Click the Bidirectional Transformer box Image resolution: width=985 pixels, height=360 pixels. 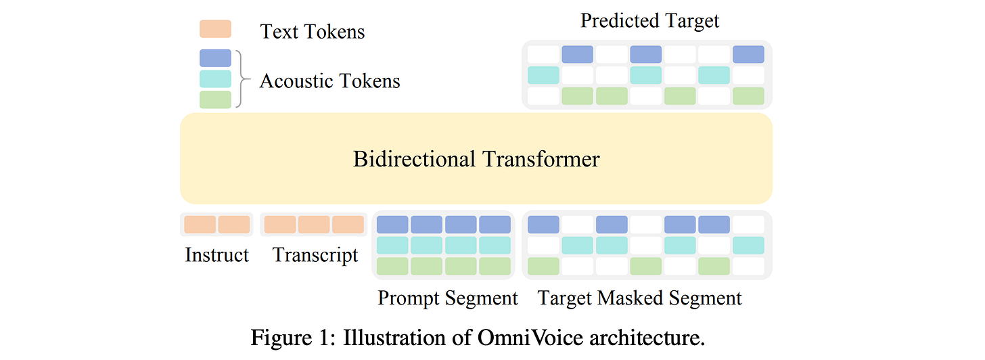[x=476, y=159]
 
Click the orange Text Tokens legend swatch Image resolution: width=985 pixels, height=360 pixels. [x=215, y=29]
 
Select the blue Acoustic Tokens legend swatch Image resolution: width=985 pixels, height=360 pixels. [x=215, y=58]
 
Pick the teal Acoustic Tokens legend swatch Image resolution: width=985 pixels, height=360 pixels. [x=215, y=79]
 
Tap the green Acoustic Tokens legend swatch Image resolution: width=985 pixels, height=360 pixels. [x=215, y=99]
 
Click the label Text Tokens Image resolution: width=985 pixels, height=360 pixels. [x=312, y=31]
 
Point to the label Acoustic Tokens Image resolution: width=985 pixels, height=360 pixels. [x=329, y=81]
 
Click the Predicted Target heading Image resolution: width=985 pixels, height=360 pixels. [x=649, y=20]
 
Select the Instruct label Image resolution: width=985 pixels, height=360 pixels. [x=216, y=255]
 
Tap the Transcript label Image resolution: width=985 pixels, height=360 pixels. [x=315, y=255]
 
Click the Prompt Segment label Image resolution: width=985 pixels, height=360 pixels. [x=447, y=298]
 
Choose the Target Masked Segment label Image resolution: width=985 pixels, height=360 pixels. [x=639, y=298]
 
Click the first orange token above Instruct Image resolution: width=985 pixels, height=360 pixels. [x=200, y=225]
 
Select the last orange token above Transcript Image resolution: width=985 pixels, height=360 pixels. [x=348, y=225]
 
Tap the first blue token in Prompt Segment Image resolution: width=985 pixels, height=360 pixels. [x=392, y=225]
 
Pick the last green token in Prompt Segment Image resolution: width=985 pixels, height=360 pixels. [x=495, y=266]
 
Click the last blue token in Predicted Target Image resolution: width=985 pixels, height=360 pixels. [x=748, y=54]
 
